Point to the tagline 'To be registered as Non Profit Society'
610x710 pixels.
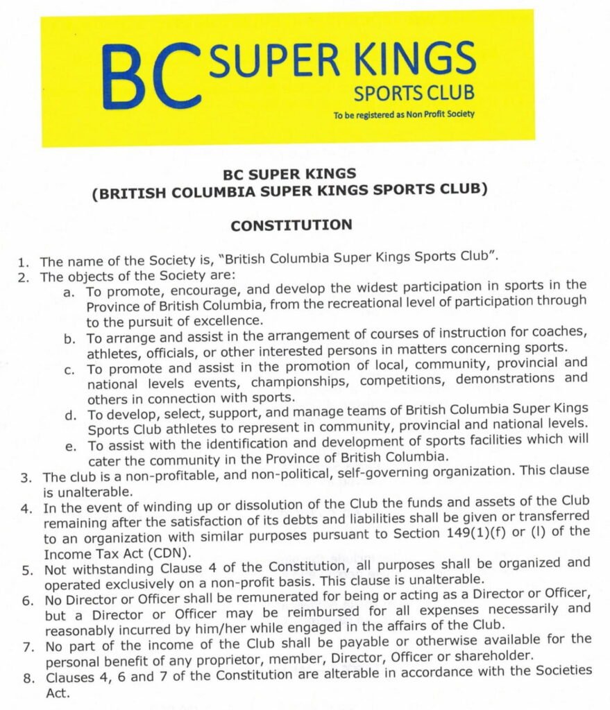coord(404,114)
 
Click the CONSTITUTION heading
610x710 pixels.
coord(291,225)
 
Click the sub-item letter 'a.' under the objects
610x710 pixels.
coord(69,293)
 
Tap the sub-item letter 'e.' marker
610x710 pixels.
coord(70,446)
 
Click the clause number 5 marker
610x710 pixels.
coord(25,570)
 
